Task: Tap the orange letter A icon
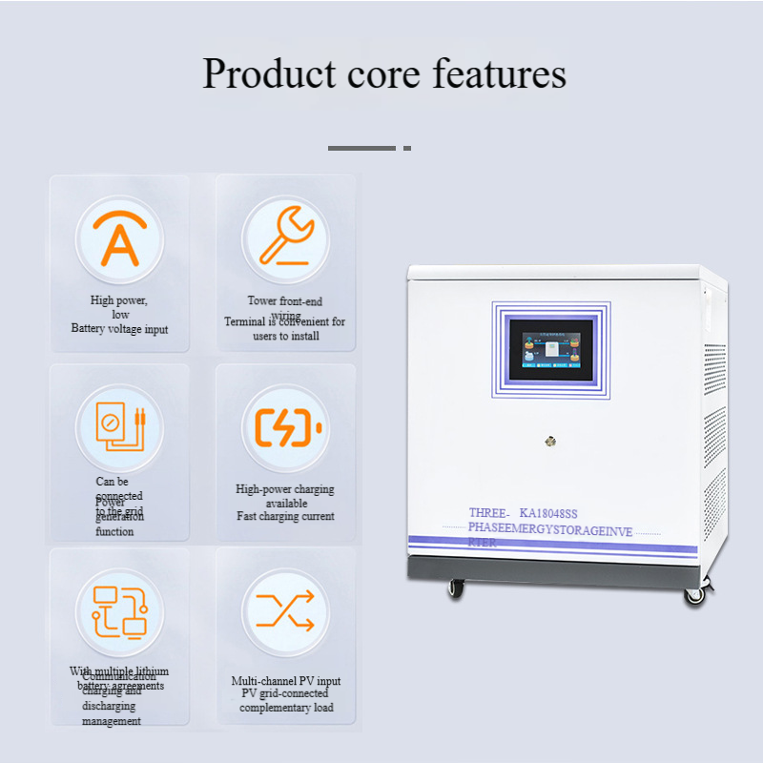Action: coord(119,239)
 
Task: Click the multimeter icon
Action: coord(119,425)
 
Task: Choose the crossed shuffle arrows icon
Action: coord(285,610)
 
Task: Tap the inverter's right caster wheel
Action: coord(694,594)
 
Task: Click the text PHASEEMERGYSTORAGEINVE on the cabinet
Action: coord(550,530)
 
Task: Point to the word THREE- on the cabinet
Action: coord(489,513)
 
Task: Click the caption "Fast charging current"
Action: coord(285,516)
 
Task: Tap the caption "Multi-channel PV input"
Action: coord(285,681)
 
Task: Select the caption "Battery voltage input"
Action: coord(119,329)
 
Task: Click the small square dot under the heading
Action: coord(407,148)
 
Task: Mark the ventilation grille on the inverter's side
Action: coord(713,420)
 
